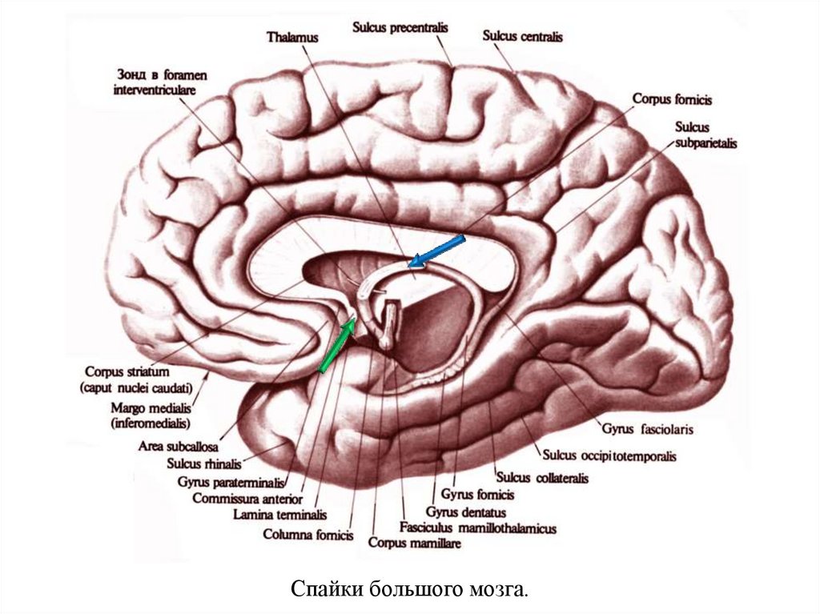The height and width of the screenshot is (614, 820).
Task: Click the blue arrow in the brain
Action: point(436,250)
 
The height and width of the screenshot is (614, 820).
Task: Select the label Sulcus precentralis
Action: point(400,27)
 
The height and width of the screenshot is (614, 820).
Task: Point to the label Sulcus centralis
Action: point(523,37)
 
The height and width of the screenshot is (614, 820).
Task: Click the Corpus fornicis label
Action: point(672,100)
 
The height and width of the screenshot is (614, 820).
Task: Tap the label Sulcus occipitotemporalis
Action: point(609,456)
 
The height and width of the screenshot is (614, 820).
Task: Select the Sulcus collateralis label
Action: point(542,478)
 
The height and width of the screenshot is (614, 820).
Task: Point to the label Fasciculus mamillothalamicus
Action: point(478,528)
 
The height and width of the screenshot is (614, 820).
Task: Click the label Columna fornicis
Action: point(308,535)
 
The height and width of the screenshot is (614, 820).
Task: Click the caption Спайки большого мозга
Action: point(409,591)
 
